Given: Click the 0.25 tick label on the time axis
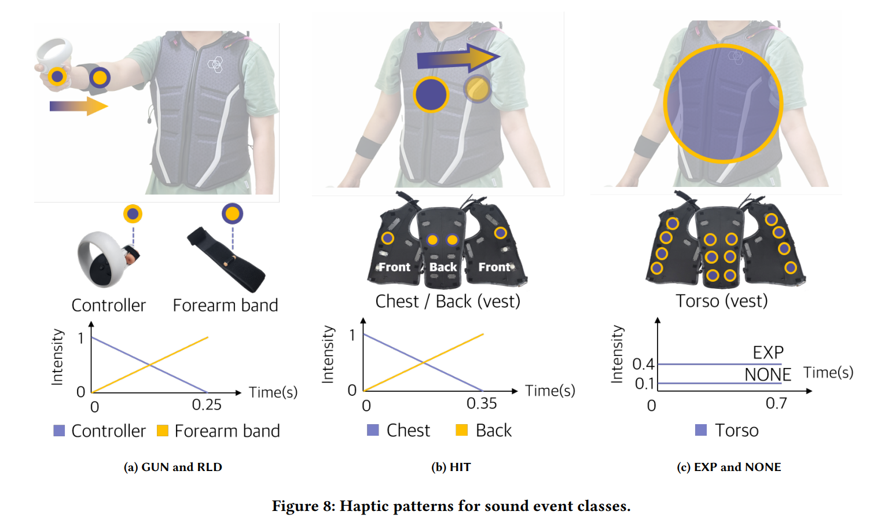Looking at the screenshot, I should [207, 404].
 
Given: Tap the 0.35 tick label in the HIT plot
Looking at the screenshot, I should [482, 403].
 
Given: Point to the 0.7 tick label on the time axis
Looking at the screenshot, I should [776, 403].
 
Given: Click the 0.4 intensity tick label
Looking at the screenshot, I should [643, 364].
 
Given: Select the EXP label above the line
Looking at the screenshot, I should [768, 352].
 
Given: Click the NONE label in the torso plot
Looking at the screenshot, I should [768, 375].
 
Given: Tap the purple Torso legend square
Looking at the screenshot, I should [701, 430].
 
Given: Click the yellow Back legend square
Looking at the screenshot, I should [461, 430].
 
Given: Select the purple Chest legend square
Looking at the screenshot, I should [373, 430].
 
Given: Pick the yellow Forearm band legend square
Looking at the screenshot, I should [163, 431].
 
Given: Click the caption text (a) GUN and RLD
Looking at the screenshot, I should [172, 467].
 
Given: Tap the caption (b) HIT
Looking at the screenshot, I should [451, 467].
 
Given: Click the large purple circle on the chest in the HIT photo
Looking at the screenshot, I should [431, 94].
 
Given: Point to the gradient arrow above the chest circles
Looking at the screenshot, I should [458, 58].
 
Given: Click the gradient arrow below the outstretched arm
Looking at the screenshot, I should [79, 106].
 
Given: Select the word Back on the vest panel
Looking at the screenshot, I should [443, 267].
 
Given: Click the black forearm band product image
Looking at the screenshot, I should [226, 259].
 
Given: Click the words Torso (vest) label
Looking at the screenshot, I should [721, 301].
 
